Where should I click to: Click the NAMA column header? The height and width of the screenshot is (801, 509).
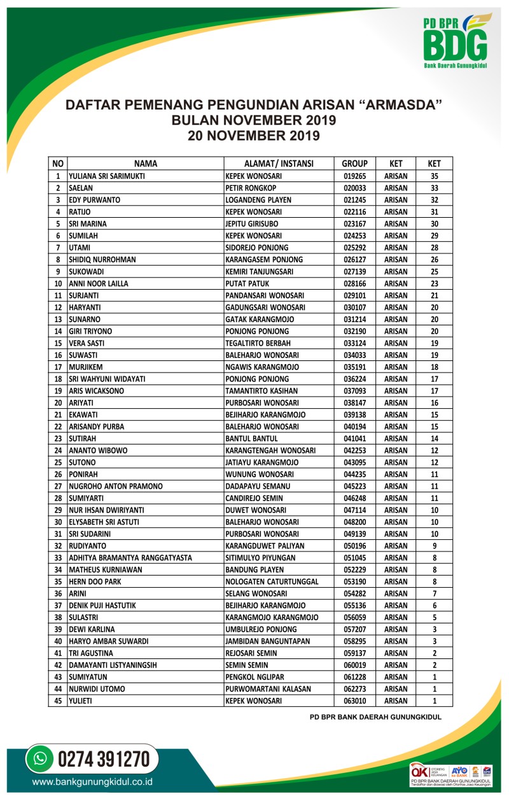click(146, 163)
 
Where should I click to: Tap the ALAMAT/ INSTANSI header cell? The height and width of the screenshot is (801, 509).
click(279, 163)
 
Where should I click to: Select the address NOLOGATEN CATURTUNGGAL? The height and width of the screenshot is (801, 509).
click(272, 581)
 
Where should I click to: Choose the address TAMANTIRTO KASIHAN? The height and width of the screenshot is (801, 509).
click(266, 390)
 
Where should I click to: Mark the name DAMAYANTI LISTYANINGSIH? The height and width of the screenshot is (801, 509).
click(113, 665)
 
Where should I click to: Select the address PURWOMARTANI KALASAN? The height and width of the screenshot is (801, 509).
click(268, 689)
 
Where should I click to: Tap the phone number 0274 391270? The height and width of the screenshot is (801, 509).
click(104, 760)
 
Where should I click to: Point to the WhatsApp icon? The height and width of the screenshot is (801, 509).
click(41, 759)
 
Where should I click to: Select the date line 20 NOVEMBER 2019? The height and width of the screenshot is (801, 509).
click(253, 135)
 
